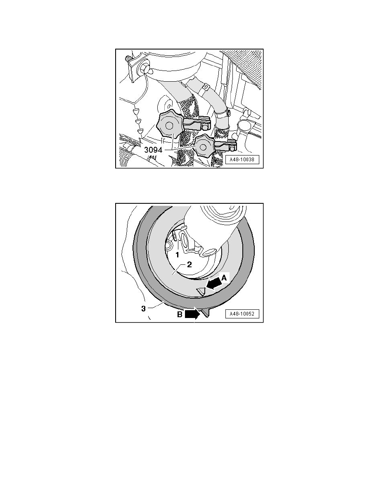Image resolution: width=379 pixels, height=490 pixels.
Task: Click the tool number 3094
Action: (x=153, y=150)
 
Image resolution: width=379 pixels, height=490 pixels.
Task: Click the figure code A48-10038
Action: (x=242, y=159)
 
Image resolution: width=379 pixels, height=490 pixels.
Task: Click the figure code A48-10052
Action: (x=242, y=314)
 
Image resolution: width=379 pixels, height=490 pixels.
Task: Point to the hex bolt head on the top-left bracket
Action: (x=145, y=68)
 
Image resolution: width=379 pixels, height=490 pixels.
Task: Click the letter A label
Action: (x=224, y=277)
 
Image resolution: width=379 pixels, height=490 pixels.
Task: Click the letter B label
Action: (x=180, y=314)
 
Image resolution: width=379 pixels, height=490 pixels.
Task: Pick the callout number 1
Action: (x=177, y=255)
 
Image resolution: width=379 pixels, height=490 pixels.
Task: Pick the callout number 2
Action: (x=189, y=264)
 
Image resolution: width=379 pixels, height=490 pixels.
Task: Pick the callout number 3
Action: (x=144, y=309)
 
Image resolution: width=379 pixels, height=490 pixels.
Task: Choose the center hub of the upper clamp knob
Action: (x=169, y=126)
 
